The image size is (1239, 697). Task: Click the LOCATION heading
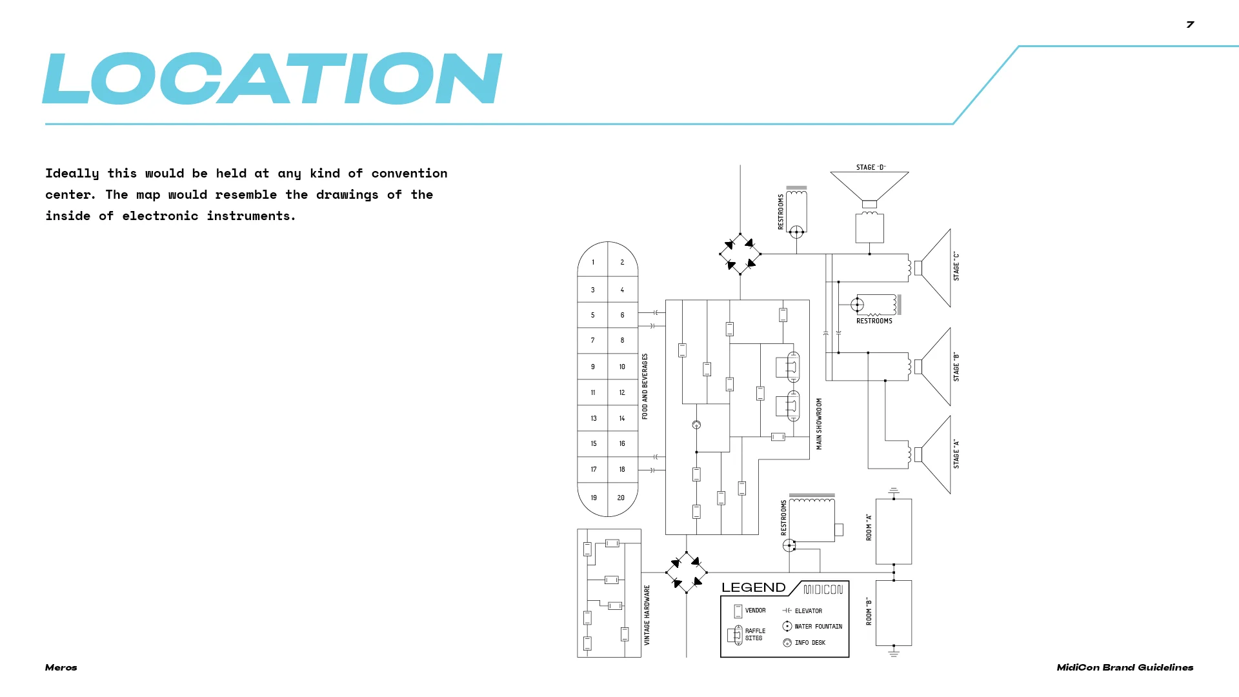[x=272, y=79]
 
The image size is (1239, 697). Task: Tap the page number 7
[x=1190, y=25]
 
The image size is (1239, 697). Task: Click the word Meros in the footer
[x=61, y=667]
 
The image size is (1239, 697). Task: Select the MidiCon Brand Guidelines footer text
[x=1124, y=667]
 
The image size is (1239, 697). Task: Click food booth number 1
[x=593, y=263]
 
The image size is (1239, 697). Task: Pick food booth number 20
[x=621, y=498]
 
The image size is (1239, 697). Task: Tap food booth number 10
[x=622, y=367]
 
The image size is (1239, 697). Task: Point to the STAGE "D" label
[x=871, y=167]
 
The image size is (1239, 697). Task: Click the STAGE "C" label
[x=956, y=267]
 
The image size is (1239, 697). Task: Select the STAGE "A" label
[x=956, y=454]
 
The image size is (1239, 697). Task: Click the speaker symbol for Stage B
[x=932, y=367]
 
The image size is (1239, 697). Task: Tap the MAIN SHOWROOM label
[x=820, y=423]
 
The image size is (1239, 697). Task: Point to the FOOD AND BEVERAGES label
[x=645, y=387]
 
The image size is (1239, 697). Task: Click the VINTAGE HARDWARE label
[x=647, y=615]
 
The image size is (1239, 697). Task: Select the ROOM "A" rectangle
[x=893, y=531]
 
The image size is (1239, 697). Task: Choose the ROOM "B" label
[x=869, y=611]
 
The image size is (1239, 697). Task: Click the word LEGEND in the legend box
[x=753, y=588]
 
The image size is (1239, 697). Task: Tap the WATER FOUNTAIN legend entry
[x=818, y=627]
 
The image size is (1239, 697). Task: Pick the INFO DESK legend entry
[x=809, y=643]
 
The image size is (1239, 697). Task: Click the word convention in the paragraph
[x=409, y=174]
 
